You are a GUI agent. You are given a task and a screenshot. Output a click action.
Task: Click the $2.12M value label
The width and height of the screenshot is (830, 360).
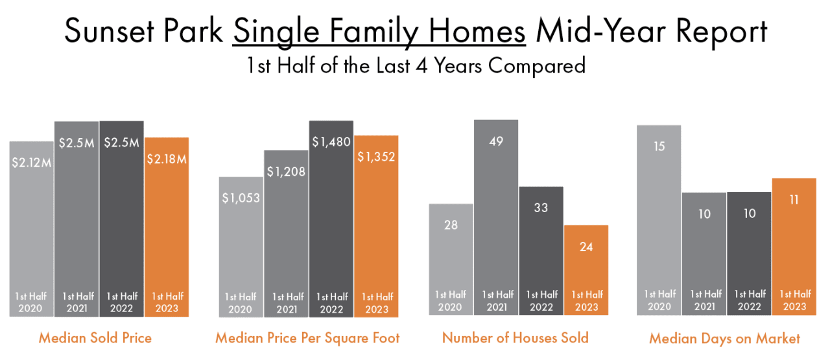(x=31, y=162)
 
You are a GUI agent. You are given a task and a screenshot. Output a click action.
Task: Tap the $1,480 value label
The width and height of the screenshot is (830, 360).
(x=331, y=141)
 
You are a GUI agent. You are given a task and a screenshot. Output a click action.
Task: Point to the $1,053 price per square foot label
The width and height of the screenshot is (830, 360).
(x=241, y=198)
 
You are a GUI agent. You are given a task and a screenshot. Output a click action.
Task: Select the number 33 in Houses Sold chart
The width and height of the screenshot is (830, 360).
(x=541, y=208)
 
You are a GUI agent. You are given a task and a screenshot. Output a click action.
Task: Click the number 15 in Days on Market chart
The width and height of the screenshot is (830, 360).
(x=659, y=147)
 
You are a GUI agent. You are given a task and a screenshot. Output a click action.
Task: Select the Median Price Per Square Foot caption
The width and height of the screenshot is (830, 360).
(x=307, y=338)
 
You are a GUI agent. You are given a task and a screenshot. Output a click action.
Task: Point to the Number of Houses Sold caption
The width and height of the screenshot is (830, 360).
(x=516, y=338)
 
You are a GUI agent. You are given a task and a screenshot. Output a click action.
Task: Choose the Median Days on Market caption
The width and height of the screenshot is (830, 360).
(x=724, y=338)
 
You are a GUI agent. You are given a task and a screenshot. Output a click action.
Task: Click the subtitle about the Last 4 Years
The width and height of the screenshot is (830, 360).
(x=416, y=66)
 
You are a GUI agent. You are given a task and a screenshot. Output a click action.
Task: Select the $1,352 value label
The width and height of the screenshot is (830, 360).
(x=376, y=156)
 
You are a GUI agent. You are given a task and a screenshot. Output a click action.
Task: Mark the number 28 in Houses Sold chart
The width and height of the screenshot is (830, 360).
(x=451, y=224)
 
